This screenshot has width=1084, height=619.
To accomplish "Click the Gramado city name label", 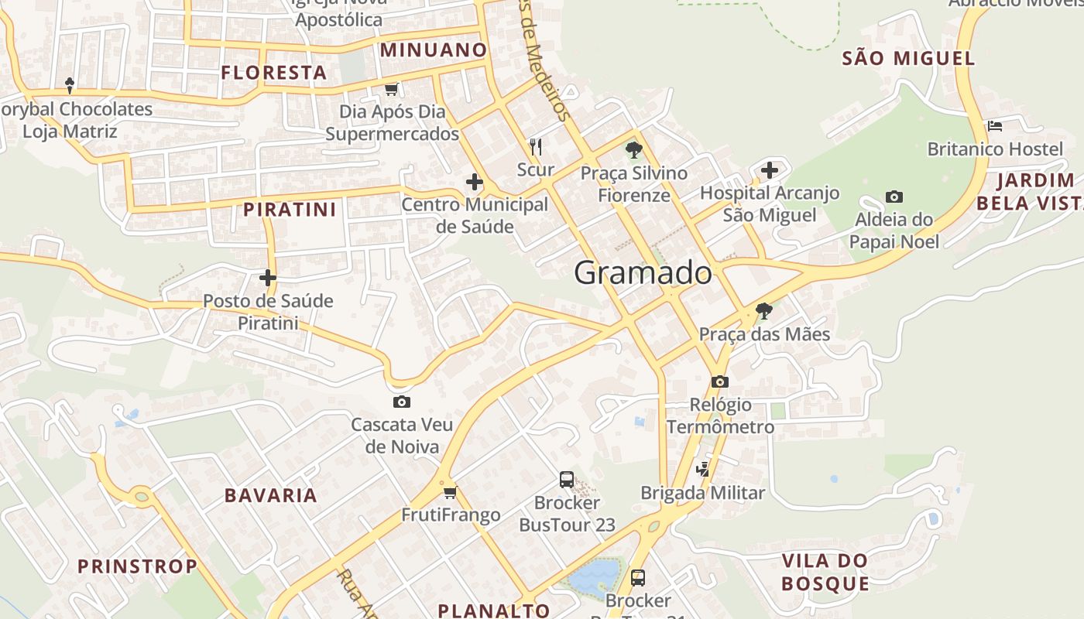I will (643, 273).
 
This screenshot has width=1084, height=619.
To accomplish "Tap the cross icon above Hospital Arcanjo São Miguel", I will (770, 169).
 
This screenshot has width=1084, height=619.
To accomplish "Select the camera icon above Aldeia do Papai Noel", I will (894, 197).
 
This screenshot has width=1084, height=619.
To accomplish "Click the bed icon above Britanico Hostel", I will (995, 125).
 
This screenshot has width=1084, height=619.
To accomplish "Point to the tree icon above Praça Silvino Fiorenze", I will (634, 149).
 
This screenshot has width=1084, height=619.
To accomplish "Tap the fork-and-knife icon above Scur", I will (535, 146).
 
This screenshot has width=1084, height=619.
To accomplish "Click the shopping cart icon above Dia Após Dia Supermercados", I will (391, 89).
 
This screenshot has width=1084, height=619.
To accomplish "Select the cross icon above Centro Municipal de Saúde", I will (475, 183).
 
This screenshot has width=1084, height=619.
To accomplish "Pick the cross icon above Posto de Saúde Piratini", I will (268, 277).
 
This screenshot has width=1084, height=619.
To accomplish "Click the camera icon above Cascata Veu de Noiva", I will (402, 402).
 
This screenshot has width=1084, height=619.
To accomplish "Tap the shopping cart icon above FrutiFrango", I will (450, 492).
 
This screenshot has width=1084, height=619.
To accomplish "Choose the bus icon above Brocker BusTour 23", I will (567, 480).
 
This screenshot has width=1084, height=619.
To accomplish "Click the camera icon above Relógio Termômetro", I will (720, 381).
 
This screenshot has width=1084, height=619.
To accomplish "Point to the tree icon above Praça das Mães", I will (764, 311).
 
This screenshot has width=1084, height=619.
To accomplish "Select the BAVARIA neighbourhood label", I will (271, 496).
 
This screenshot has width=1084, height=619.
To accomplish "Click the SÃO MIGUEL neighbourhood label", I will (908, 58).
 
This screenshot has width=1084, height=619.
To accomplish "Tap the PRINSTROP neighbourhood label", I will (138, 566).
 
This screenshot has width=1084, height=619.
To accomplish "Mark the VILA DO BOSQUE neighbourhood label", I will (825, 572).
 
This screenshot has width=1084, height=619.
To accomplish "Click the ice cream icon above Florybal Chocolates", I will (70, 85).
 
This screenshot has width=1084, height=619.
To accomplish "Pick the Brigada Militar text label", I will (702, 493).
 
